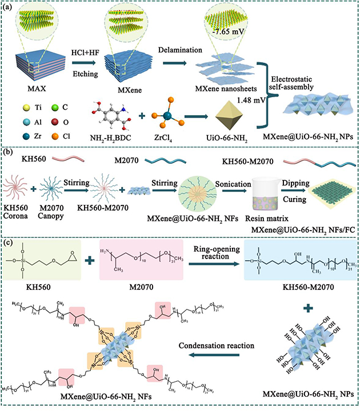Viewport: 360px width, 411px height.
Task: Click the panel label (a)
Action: pyautogui.click(x=13, y=9)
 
